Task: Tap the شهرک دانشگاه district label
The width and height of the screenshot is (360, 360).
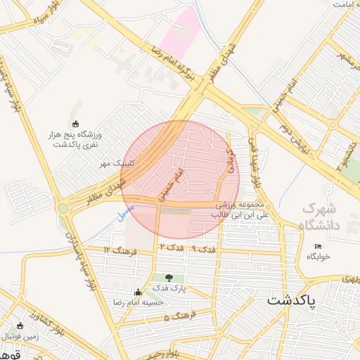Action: coord(319,217)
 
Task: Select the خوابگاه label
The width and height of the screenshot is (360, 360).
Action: coord(317,257)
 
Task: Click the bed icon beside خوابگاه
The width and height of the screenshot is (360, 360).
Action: coord(318,246)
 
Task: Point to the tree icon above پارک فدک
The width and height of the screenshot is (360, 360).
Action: coord(169,278)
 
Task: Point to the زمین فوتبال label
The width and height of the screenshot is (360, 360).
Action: coord(20,335)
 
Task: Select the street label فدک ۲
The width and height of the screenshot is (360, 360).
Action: coord(172,247)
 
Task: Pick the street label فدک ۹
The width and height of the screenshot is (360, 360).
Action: coord(204,249)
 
